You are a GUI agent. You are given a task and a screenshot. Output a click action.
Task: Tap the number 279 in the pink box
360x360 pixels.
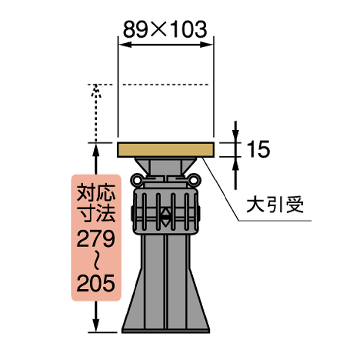click(x=96, y=240)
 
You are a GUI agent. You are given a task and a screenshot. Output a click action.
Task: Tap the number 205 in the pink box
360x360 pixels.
click(x=96, y=284)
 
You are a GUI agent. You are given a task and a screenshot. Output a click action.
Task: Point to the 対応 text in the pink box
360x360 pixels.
click(x=96, y=191)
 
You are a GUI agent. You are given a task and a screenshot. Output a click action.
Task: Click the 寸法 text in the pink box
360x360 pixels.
click(x=96, y=213)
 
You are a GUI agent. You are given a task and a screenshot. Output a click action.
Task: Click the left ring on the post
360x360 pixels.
click(x=136, y=178)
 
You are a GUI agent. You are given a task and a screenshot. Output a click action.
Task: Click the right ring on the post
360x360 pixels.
click(x=194, y=178)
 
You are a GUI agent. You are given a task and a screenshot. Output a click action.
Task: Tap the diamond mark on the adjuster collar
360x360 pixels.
click(x=165, y=216)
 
